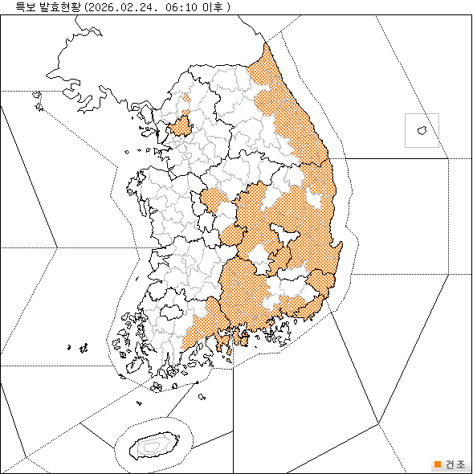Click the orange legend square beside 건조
(x=437, y=464)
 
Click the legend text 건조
(x=455, y=464)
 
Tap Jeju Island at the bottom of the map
(x=152, y=443)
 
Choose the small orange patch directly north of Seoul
(x=186, y=100)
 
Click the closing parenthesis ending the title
(x=230, y=6)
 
